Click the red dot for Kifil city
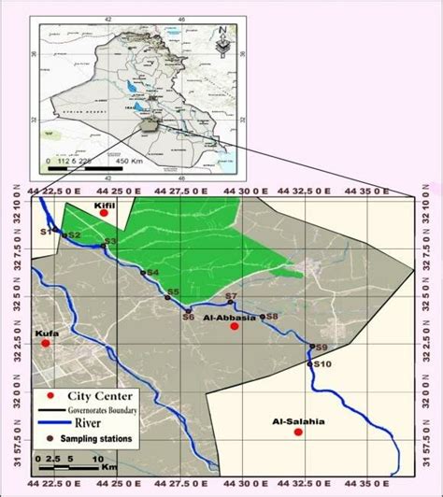click(104, 213)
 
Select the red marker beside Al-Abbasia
click(235, 327)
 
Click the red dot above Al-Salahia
click(298, 433)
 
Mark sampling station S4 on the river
click(142, 272)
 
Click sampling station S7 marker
click(231, 303)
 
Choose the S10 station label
click(322, 363)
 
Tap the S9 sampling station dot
click(312, 347)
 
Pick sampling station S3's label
click(110, 242)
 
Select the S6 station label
click(188, 318)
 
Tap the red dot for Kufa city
click(45, 344)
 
